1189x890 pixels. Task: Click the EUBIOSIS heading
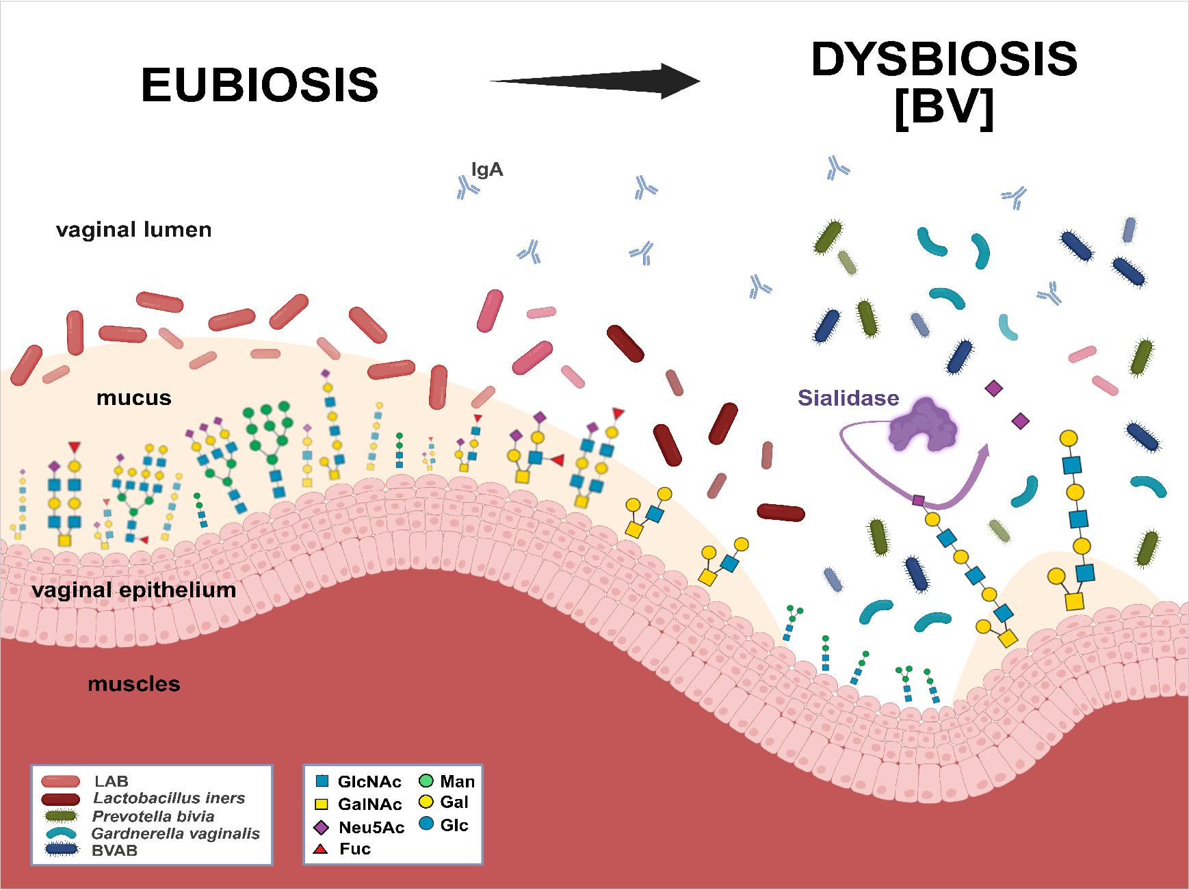(x=259, y=85)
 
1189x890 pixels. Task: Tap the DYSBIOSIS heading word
(x=944, y=60)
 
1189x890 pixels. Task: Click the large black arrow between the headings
(x=595, y=81)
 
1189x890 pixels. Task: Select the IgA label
(x=487, y=170)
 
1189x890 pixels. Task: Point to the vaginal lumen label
(x=134, y=229)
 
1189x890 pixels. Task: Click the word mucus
(x=133, y=397)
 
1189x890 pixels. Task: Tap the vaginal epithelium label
(x=134, y=590)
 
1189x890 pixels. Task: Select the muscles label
(x=134, y=683)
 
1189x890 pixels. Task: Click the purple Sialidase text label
(x=848, y=398)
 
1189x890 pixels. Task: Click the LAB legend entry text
(x=112, y=781)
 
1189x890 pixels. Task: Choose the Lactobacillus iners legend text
(x=169, y=798)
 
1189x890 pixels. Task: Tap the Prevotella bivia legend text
(x=153, y=816)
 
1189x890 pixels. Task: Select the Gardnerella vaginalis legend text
(x=176, y=833)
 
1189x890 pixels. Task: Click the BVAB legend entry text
(x=115, y=851)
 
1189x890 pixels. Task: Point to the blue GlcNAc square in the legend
(x=321, y=781)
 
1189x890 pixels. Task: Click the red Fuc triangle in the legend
(x=320, y=850)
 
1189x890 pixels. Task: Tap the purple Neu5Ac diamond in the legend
(x=320, y=828)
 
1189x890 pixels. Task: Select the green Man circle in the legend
(x=425, y=781)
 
